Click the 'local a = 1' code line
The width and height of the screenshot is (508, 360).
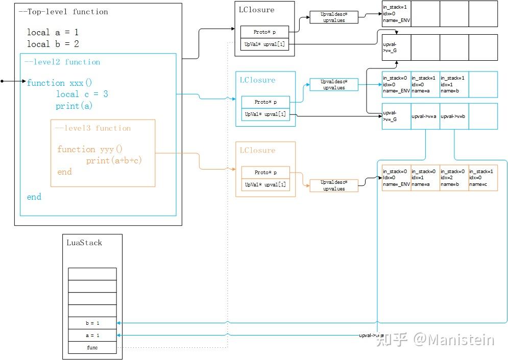53,32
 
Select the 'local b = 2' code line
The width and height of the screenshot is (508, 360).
53,44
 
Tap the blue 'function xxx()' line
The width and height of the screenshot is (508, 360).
60,83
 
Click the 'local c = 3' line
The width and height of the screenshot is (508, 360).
82,94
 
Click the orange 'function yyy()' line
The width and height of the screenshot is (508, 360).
90,149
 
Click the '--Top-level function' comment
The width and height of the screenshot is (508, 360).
63,11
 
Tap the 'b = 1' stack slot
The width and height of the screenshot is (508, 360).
92,323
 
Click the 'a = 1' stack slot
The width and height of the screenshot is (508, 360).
92,335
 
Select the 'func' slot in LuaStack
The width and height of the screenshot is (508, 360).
92,348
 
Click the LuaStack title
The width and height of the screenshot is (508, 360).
84,243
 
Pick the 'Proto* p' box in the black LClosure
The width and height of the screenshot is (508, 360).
264,32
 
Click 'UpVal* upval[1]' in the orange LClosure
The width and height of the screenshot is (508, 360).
265,185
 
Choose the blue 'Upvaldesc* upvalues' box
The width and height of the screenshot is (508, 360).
334,85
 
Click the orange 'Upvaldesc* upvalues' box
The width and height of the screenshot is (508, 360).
334,185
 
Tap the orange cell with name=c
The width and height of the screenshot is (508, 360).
482,178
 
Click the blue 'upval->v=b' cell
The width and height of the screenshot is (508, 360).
454,116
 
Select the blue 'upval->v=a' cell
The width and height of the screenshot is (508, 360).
425,116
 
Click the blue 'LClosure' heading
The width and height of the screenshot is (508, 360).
257,80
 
